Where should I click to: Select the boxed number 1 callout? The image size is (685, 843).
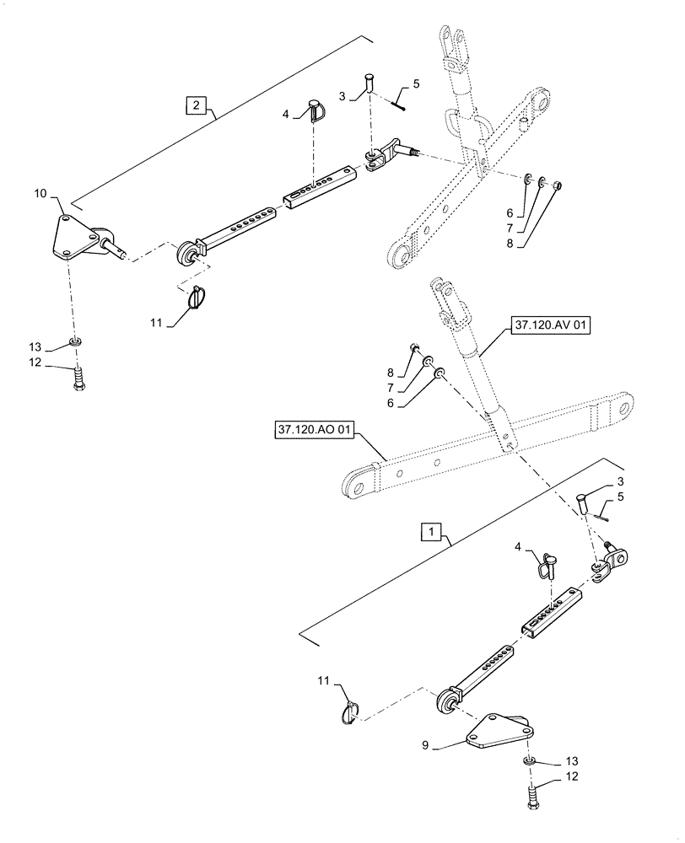(x=430, y=534)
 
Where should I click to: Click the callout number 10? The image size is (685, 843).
(x=40, y=195)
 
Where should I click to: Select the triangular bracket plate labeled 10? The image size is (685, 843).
(x=73, y=238)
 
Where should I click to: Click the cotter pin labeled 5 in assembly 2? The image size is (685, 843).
(x=399, y=103)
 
